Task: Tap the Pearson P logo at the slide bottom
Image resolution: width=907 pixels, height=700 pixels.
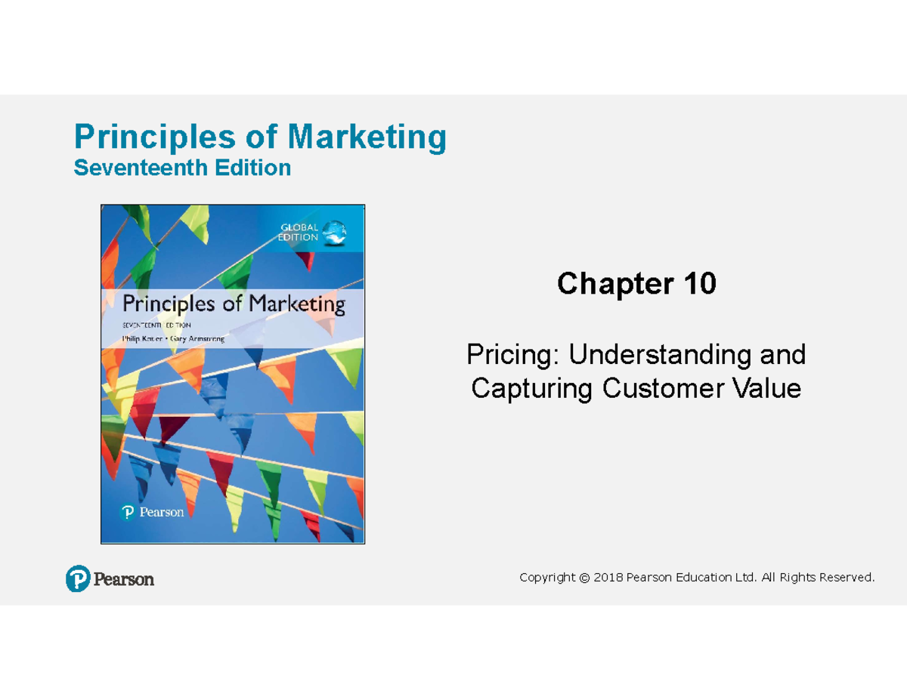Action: pos(78,578)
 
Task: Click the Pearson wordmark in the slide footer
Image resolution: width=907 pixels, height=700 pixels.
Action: pos(124,579)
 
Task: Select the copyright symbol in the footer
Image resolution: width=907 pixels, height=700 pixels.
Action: pos(583,578)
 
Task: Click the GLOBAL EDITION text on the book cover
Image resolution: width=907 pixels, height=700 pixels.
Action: pos(299,232)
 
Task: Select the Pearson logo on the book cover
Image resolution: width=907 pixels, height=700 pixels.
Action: pos(152,512)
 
